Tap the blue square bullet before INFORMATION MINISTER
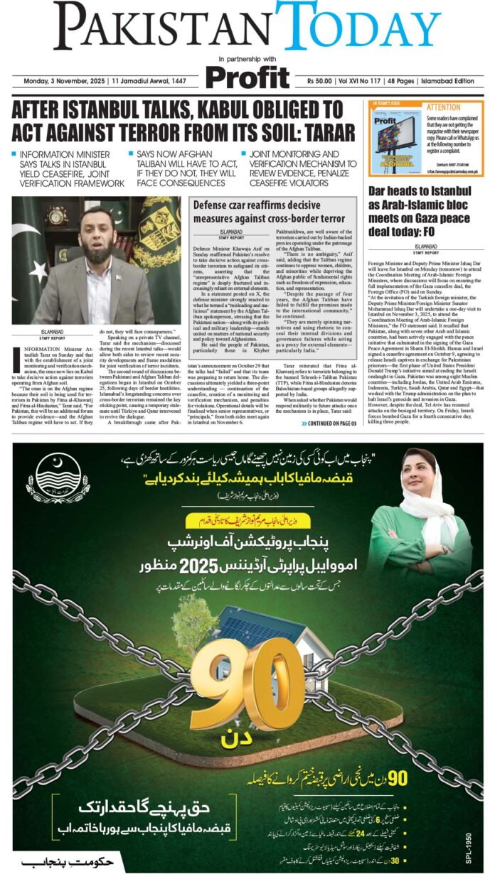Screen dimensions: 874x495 coord(14,154)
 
